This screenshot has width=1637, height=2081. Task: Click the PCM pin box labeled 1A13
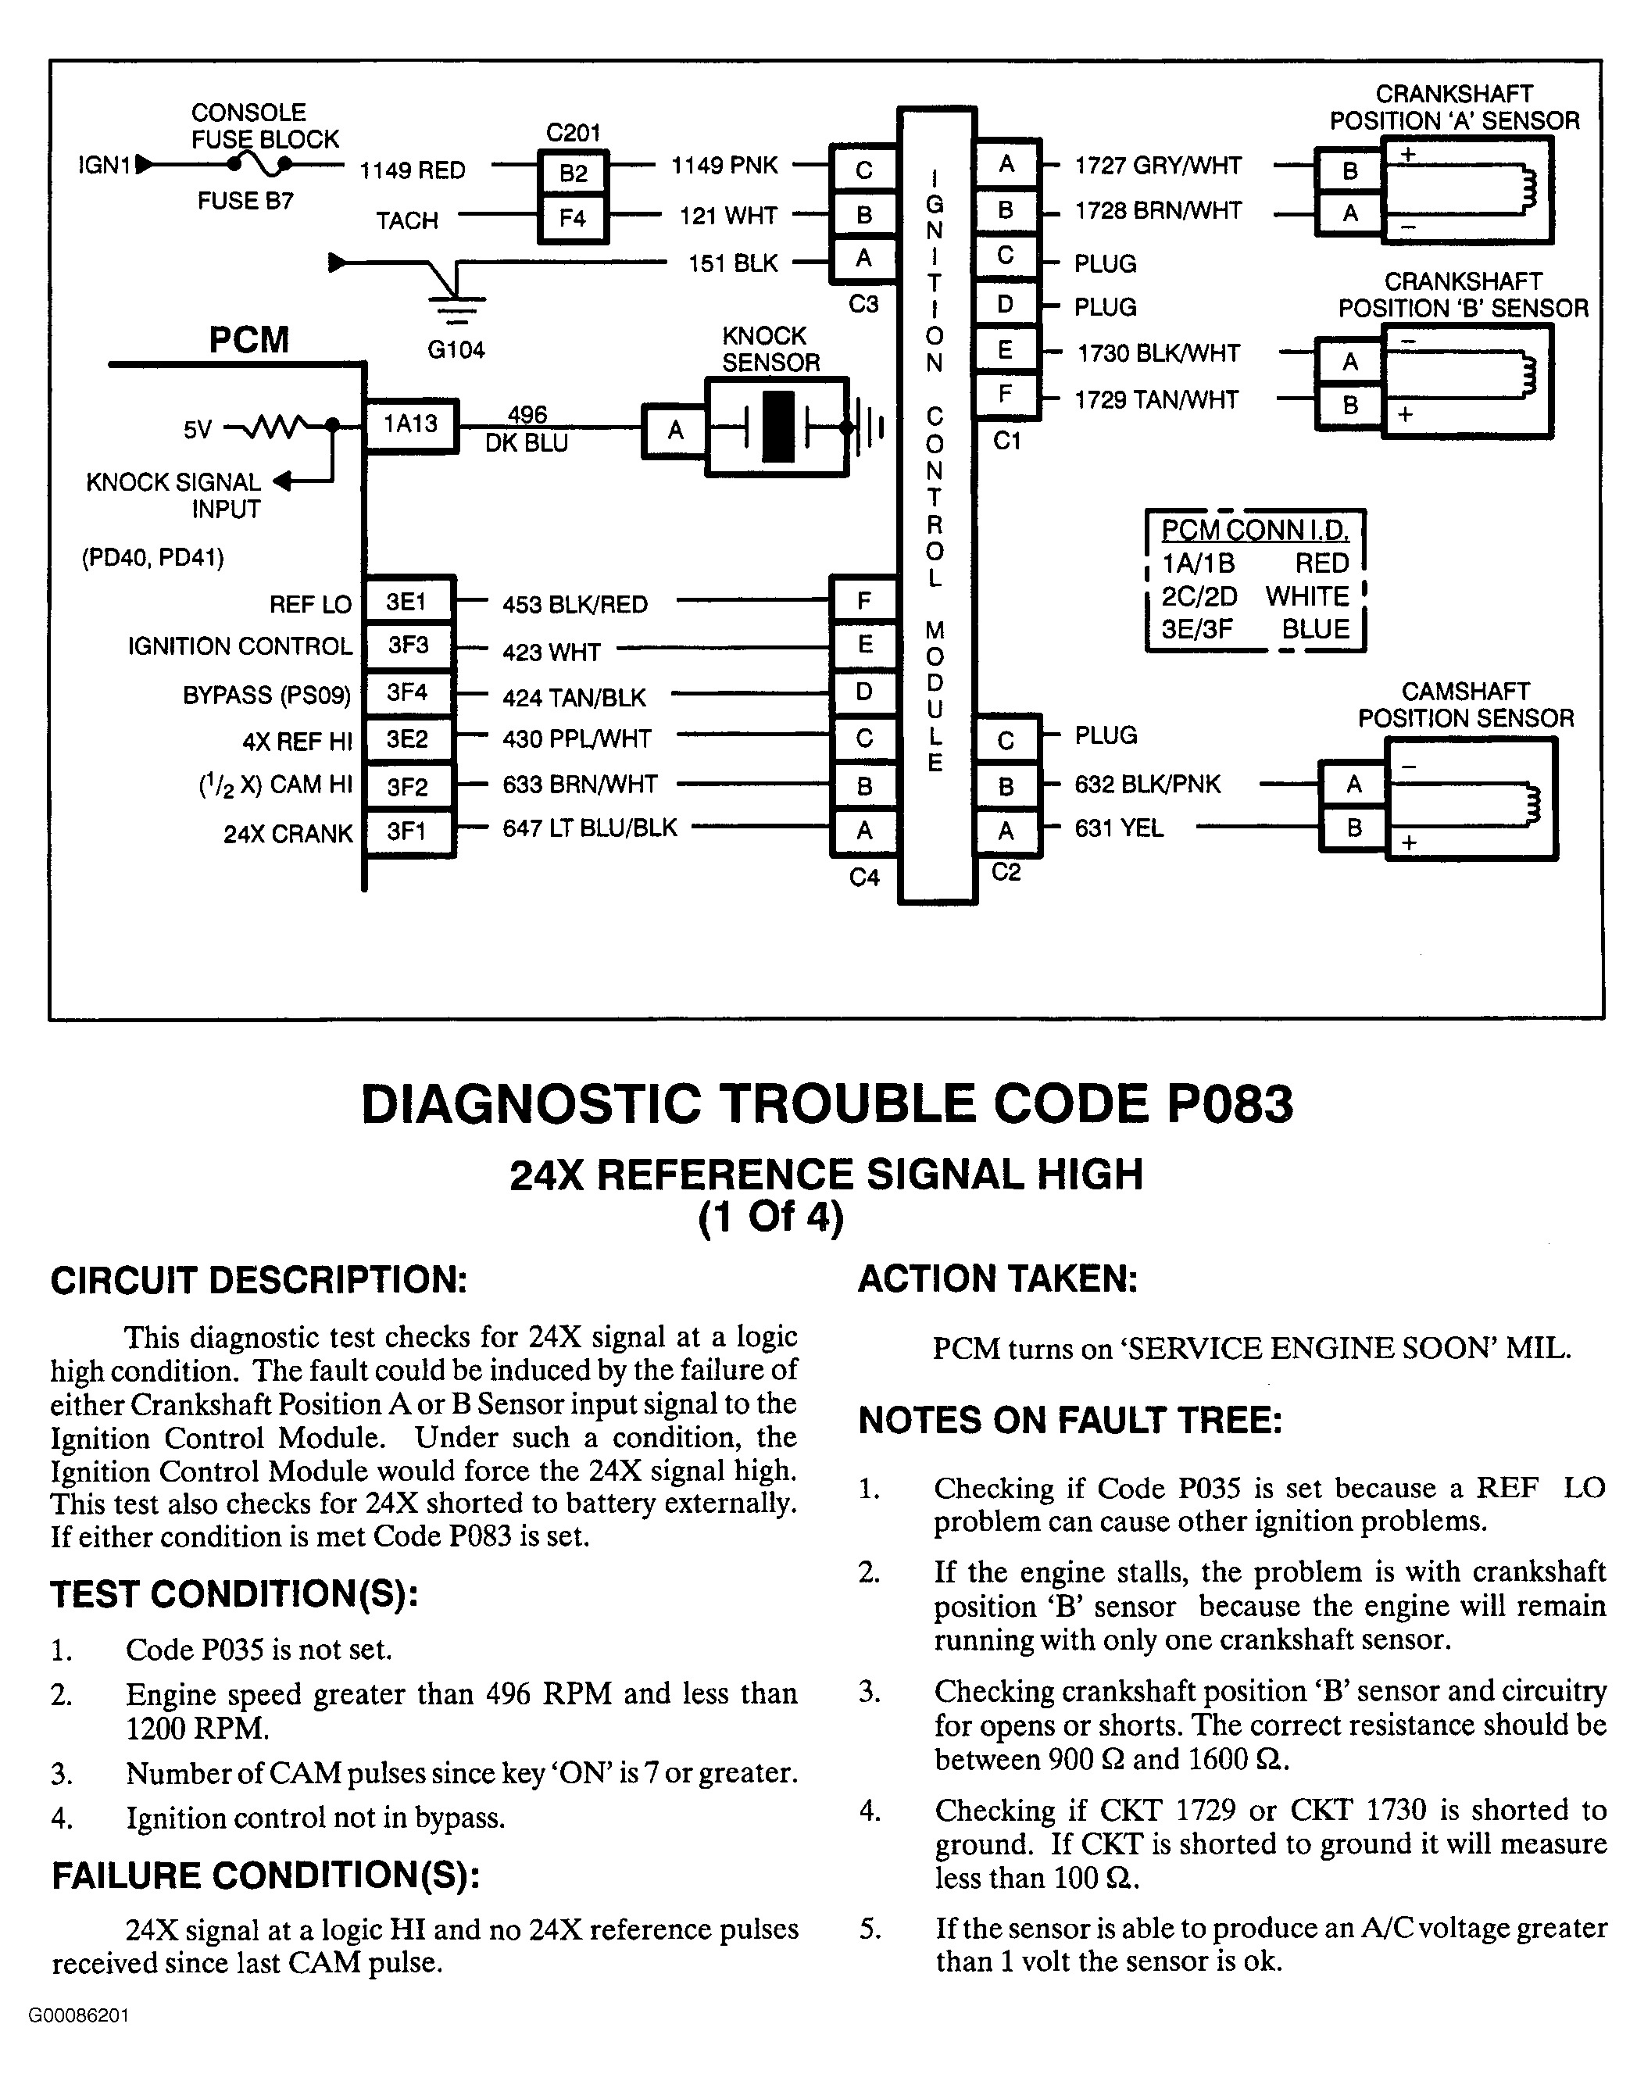tap(410, 424)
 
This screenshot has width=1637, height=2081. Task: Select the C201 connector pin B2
tap(573, 173)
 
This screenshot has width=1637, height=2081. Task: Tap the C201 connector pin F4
tap(573, 219)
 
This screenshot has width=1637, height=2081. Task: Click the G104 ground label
tap(456, 350)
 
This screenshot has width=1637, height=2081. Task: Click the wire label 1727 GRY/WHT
tap(1158, 166)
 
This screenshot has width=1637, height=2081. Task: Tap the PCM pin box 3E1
tap(406, 602)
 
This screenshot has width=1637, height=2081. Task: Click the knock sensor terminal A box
tap(676, 431)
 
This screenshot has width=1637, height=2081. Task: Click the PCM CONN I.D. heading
tap(1255, 530)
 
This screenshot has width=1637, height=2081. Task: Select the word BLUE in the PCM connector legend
tap(1315, 630)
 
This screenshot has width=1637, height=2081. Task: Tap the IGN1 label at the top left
tap(103, 166)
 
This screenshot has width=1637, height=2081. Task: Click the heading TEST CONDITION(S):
tap(235, 1594)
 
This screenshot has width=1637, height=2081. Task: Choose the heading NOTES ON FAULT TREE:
tap(1070, 1421)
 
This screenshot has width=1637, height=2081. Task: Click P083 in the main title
tap(1230, 1104)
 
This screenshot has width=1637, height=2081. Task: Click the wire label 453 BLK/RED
tap(575, 605)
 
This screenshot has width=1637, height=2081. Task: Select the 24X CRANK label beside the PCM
tap(288, 834)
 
